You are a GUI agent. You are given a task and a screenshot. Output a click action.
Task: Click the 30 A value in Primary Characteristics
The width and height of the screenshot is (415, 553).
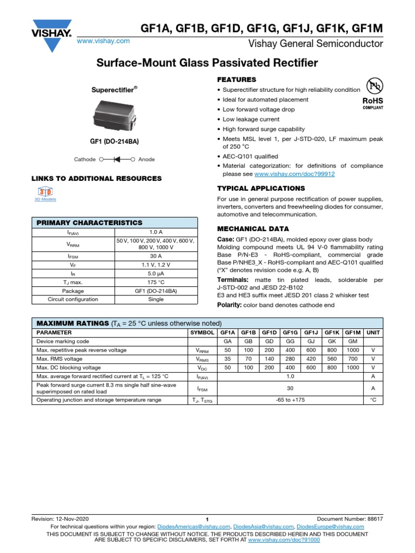coord(156,256)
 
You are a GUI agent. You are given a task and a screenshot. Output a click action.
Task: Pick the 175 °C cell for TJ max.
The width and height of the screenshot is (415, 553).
coord(156,282)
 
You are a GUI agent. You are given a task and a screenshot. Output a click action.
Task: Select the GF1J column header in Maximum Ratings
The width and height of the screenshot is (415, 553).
coord(311,333)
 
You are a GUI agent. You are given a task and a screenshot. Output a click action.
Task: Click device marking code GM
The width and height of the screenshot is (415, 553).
coord(352,342)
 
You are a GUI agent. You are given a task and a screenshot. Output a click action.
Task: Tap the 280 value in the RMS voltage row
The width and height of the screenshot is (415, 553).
coord(290,359)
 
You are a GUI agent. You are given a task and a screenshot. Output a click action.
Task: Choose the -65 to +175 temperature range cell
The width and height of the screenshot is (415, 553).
coord(290,400)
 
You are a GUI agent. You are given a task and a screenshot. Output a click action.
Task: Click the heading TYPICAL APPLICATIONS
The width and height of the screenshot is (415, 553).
coord(261,188)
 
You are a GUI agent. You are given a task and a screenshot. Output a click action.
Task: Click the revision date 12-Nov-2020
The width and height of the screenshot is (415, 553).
coord(72,518)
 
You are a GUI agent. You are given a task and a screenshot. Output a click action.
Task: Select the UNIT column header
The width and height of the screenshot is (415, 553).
coord(373,333)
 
